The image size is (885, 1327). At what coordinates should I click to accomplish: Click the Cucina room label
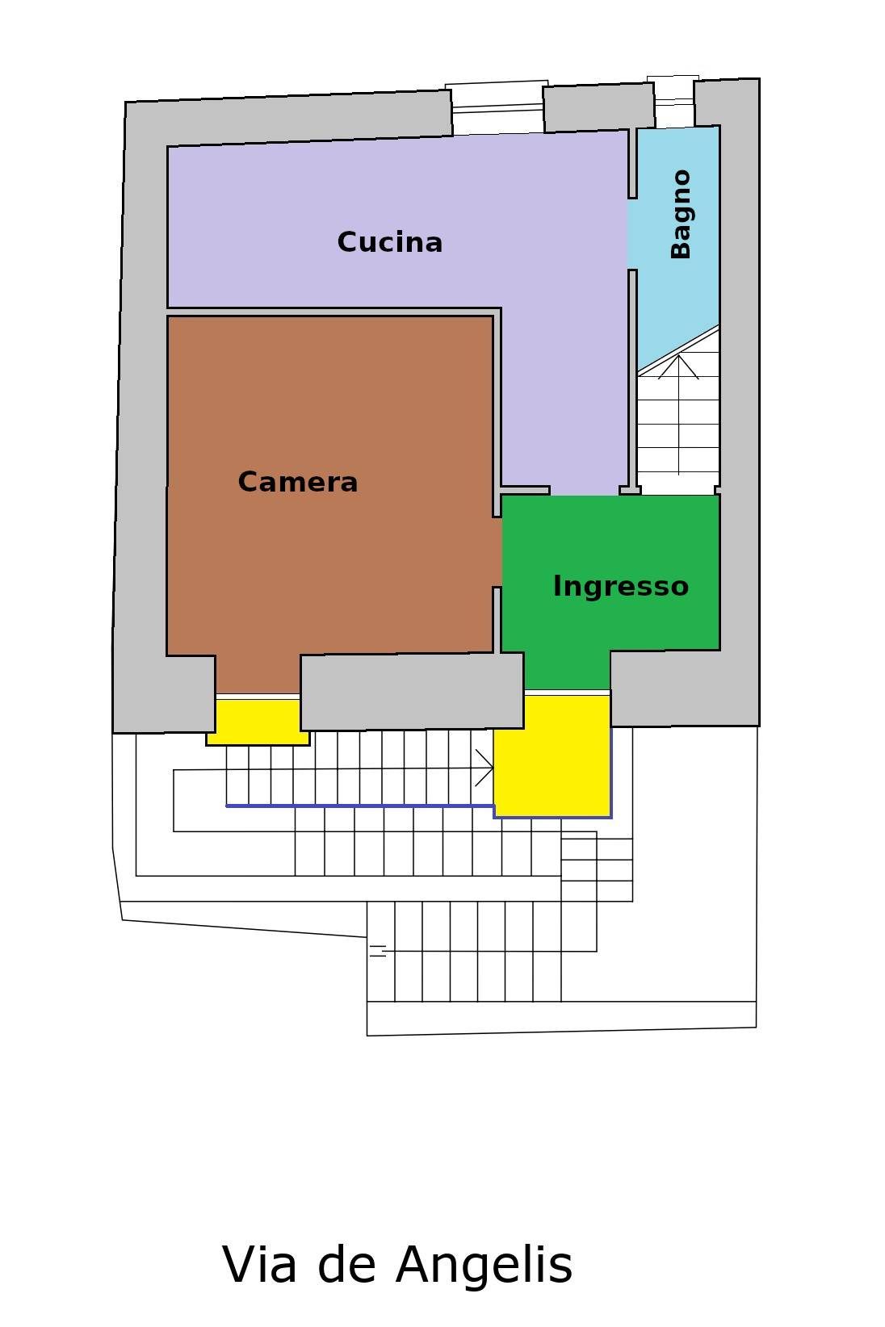(389, 242)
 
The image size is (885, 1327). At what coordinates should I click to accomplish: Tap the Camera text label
(298, 482)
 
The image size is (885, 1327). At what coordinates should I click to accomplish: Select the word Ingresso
(620, 586)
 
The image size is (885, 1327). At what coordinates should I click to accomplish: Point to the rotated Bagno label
(681, 214)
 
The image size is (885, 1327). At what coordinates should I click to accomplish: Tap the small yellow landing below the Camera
(257, 720)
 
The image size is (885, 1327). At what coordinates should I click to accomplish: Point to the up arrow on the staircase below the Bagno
(678, 367)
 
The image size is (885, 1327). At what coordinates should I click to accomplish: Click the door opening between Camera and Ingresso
(497, 552)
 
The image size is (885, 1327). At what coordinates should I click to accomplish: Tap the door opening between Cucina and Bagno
(631, 234)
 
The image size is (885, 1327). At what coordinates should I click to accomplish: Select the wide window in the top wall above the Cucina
(497, 107)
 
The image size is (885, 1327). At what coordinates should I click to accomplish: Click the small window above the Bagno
(673, 101)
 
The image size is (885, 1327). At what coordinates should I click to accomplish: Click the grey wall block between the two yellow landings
(412, 691)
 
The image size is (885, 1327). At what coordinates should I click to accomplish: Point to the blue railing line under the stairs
(359, 806)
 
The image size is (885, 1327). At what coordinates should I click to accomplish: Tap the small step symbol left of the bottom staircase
(378, 951)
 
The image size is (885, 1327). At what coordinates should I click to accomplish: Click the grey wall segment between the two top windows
(598, 108)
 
